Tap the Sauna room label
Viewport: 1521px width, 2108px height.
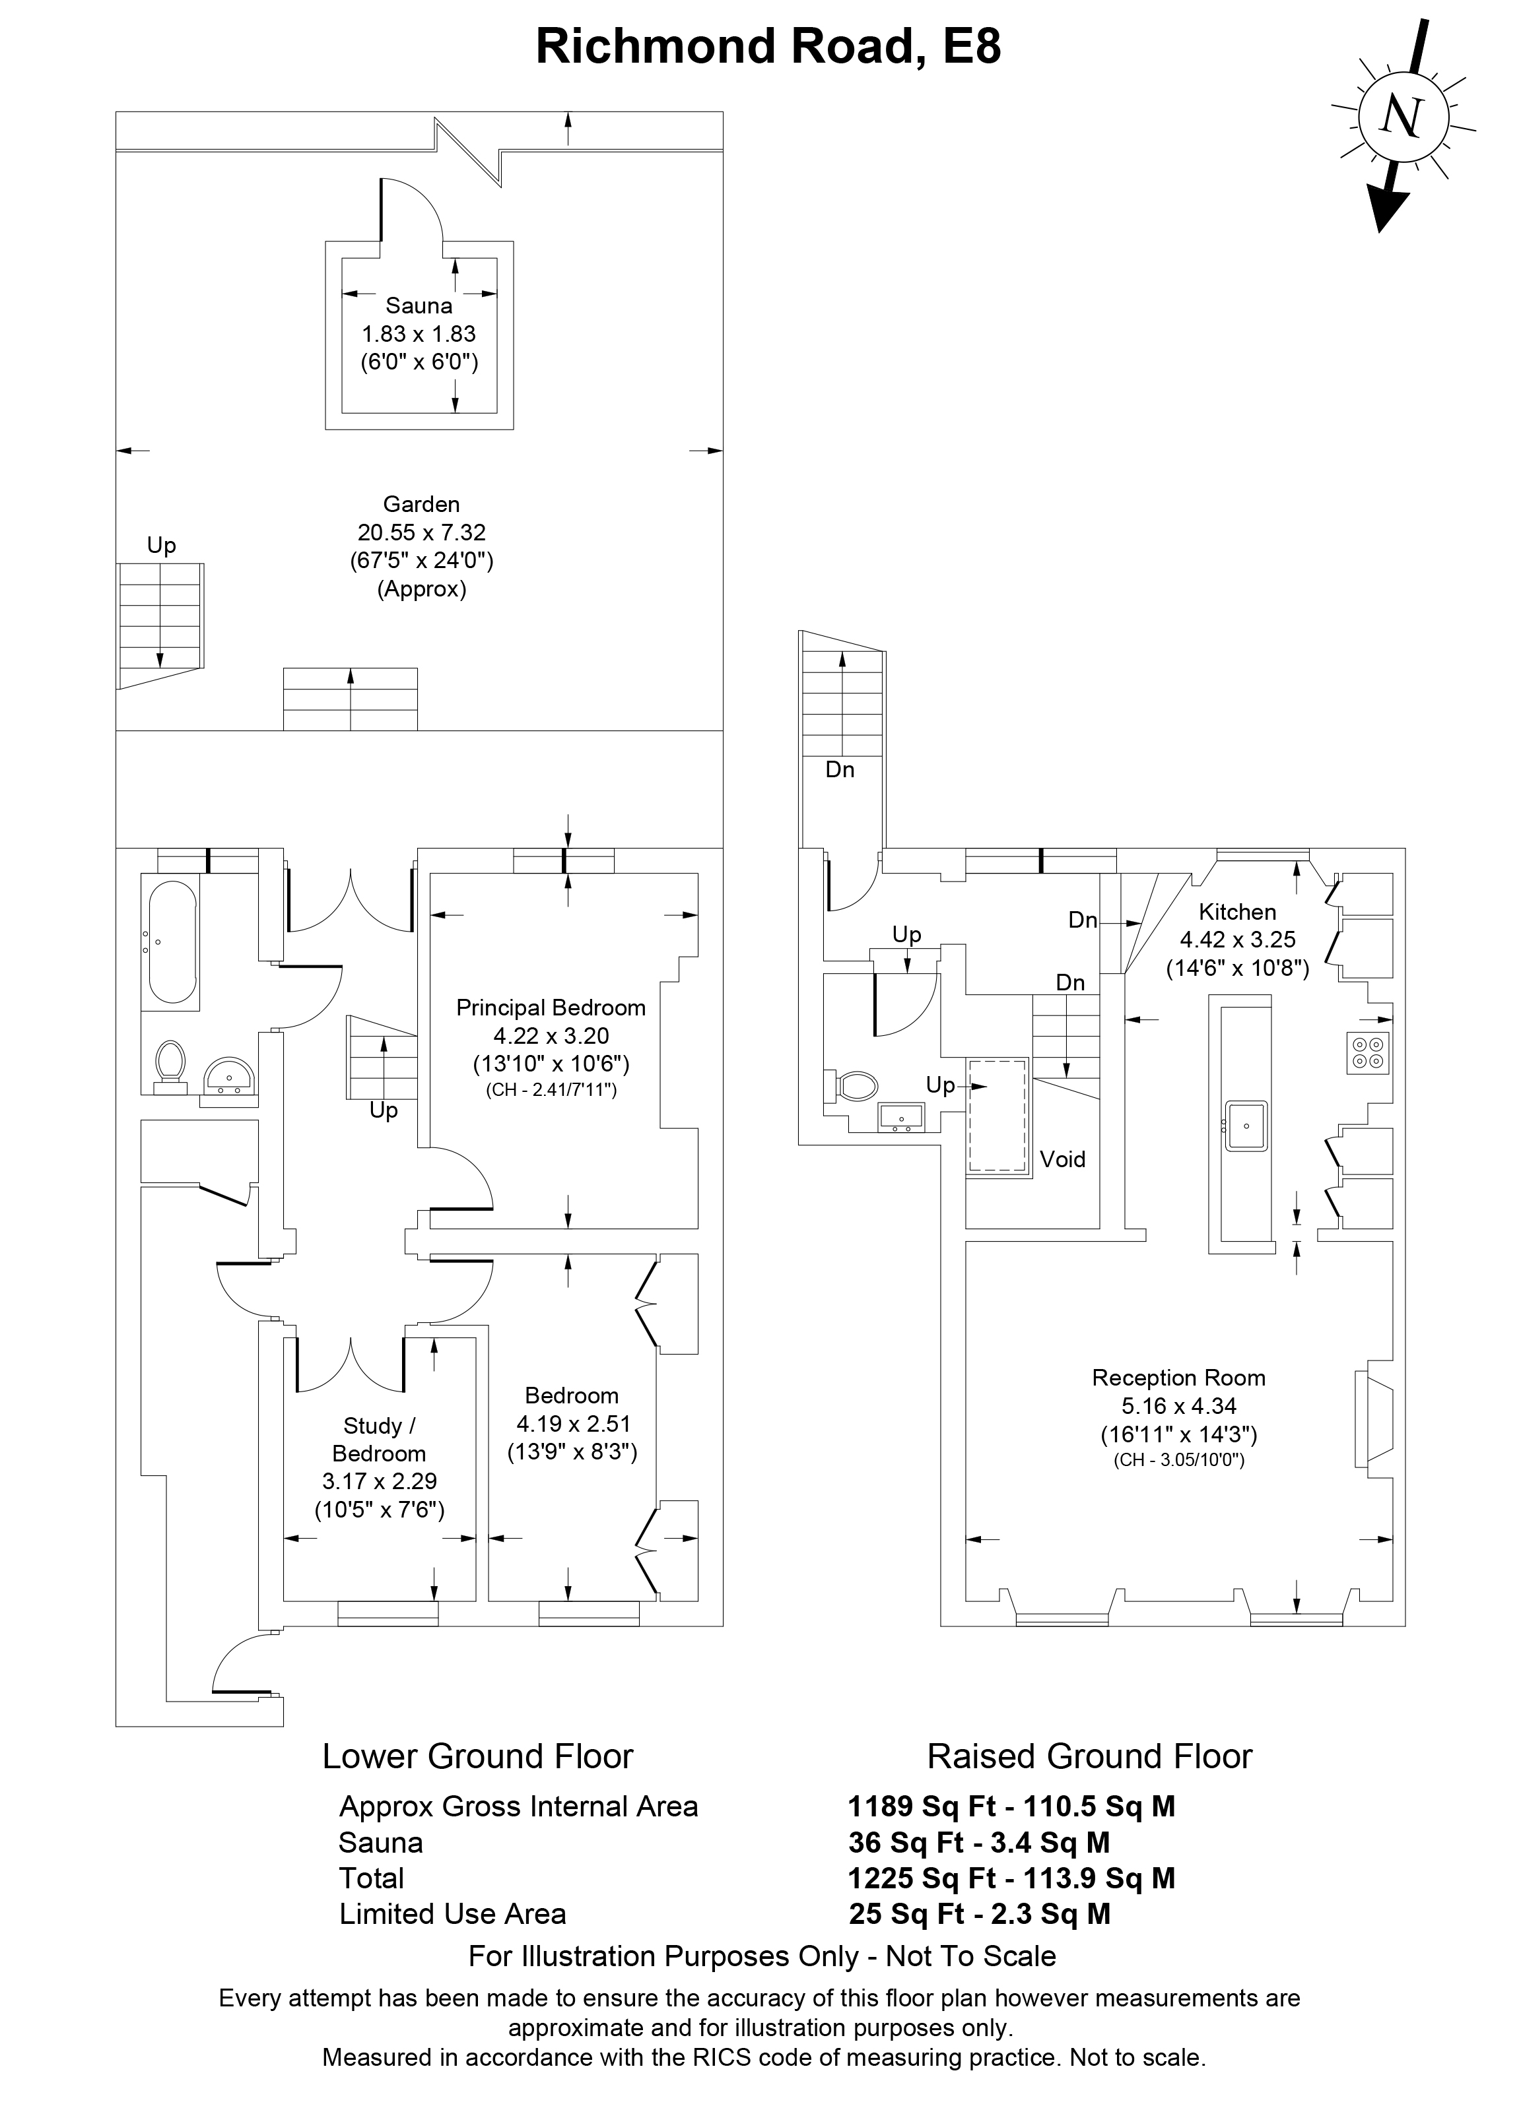(x=419, y=305)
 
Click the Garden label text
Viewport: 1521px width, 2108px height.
(x=421, y=505)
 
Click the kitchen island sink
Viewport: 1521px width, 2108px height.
(x=1246, y=1126)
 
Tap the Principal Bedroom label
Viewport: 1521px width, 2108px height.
(x=551, y=1007)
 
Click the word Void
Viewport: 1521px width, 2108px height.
(x=1063, y=1159)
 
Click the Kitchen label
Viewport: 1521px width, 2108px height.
(x=1237, y=912)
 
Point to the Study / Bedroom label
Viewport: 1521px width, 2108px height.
(x=380, y=1440)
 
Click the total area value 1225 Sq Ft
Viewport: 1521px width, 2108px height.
(x=922, y=1878)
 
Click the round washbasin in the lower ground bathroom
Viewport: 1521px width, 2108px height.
(x=228, y=1077)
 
